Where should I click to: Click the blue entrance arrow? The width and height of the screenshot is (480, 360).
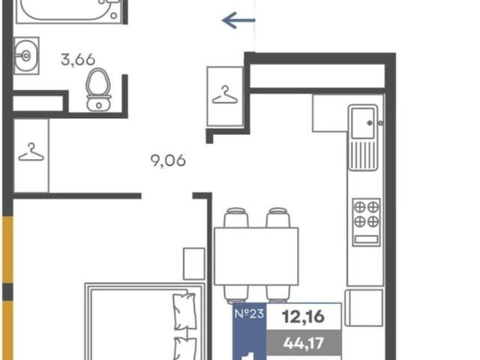click(238, 20)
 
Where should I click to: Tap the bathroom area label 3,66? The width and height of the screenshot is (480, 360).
click(78, 59)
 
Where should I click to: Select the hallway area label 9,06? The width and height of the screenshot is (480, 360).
click(168, 160)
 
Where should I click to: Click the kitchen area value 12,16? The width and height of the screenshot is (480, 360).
click(303, 316)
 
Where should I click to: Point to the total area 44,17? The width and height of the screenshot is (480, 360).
click(303, 343)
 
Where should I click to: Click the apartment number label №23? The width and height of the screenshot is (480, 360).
click(249, 313)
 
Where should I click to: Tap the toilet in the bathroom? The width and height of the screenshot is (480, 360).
click(98, 90)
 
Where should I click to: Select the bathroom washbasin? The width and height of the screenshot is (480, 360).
click(26, 55)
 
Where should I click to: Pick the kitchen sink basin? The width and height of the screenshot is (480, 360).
click(363, 122)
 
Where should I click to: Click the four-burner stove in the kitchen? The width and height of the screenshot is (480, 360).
click(367, 222)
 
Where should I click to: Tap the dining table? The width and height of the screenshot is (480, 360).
click(256, 256)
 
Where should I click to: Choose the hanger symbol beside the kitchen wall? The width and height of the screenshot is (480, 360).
click(225, 95)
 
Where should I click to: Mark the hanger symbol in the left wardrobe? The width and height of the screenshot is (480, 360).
click(31, 152)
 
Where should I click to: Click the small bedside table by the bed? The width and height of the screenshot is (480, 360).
click(194, 264)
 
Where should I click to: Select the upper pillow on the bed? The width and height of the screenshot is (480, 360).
click(184, 311)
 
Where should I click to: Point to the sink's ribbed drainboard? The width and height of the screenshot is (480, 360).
click(363, 154)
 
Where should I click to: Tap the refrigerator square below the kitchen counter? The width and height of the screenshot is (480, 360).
click(364, 307)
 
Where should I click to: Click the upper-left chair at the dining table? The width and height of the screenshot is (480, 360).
click(235, 217)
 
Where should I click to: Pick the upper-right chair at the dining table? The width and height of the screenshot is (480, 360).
click(278, 217)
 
